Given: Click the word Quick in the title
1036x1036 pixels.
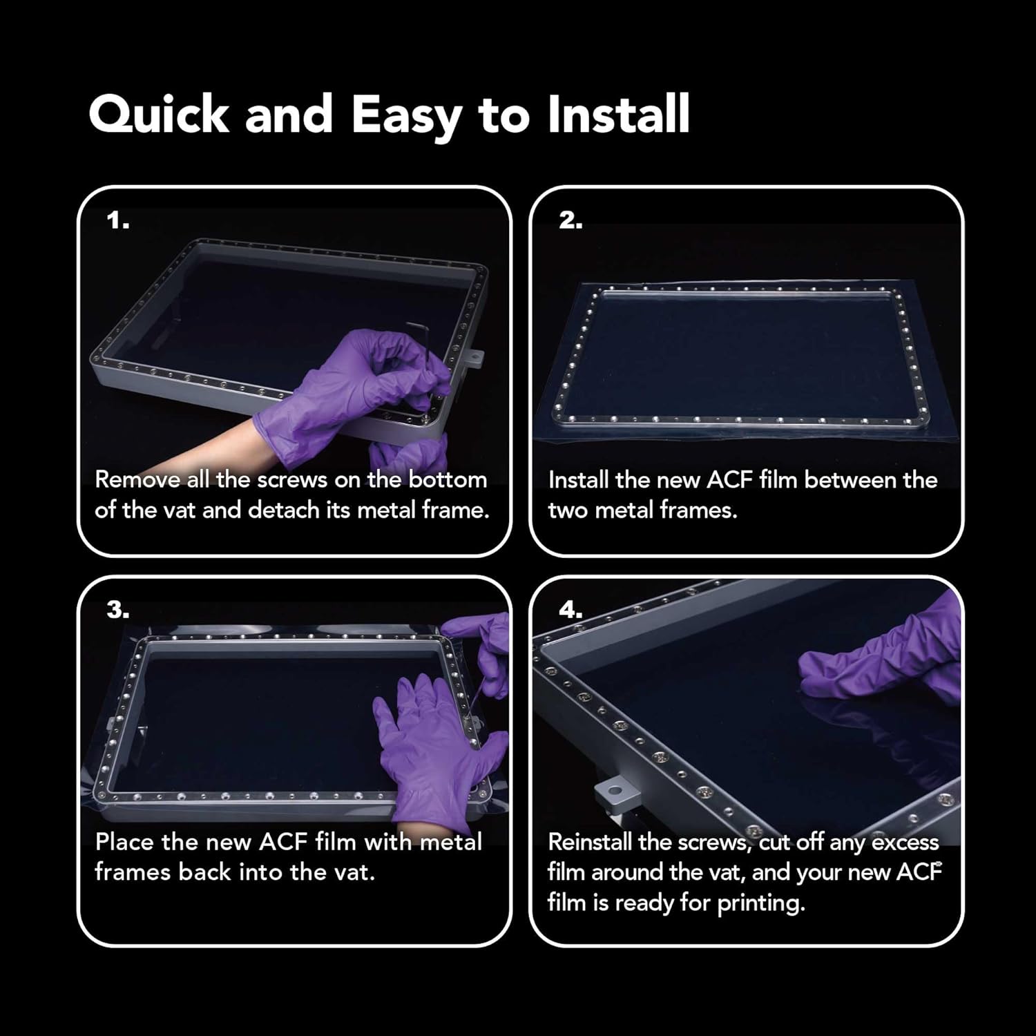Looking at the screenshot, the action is tap(159, 115).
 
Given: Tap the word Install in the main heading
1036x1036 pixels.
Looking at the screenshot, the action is tap(618, 113).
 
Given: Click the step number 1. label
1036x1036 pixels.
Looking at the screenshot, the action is tap(118, 221).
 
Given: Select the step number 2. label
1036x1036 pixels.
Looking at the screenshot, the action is tap(570, 221).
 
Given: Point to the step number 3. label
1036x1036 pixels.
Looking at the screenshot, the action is tap(118, 610).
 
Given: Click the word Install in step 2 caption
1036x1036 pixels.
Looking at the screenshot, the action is tap(579, 480).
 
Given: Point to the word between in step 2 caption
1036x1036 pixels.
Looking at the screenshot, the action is tap(853, 480).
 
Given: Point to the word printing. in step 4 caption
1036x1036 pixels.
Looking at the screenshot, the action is tap(761, 903).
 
